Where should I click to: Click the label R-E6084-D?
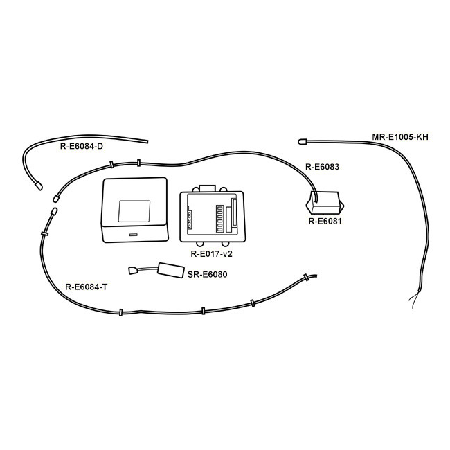[82, 146]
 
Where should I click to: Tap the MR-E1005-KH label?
[400, 137]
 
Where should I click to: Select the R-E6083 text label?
[322, 167]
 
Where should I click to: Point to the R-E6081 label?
[325, 222]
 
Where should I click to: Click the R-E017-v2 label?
[212, 254]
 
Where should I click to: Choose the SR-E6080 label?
[207, 274]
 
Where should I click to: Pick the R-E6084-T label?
[87, 287]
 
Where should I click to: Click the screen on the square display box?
[134, 211]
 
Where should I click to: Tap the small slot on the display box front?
[133, 235]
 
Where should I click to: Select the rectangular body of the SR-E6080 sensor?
[171, 270]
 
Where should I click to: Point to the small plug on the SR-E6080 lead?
[133, 270]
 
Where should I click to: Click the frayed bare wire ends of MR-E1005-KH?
[415, 300]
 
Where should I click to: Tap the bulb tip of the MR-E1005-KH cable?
[302, 141]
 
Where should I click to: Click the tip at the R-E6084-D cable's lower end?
[39, 186]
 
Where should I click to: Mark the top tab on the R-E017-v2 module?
[208, 188]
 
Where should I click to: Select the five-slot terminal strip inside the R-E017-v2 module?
[220, 218]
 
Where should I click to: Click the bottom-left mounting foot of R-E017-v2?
[200, 244]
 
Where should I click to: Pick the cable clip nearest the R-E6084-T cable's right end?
[306, 278]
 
